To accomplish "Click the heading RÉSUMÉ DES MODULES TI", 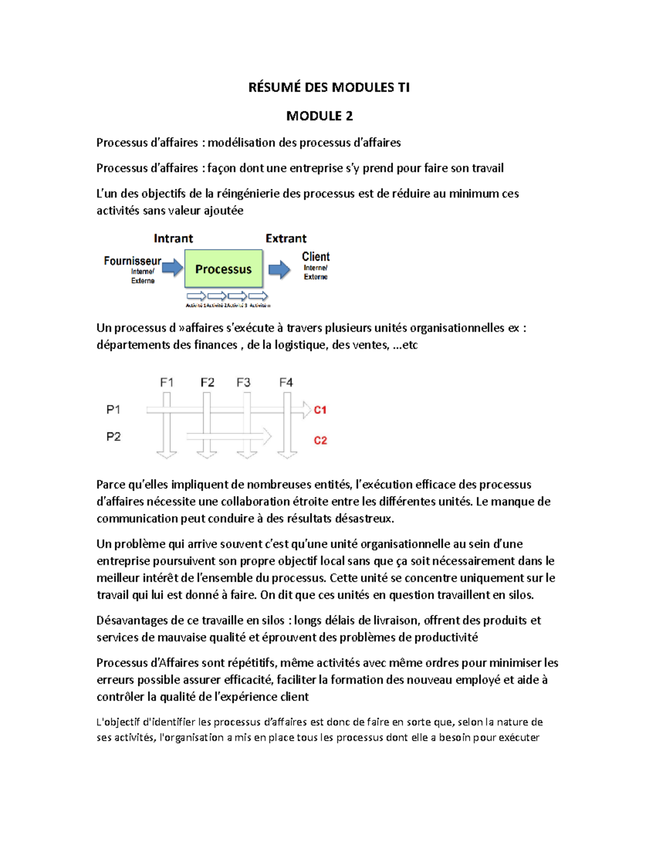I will point(329,87).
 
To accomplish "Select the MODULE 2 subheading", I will point(319,116).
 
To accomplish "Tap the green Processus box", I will point(224,269).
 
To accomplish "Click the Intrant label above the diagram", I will point(173,238).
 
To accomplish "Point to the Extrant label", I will point(286,238).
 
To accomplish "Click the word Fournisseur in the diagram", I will point(132,261).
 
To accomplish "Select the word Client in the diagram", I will point(315,256).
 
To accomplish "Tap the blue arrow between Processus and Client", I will point(279,269).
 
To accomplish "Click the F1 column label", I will point(167,383).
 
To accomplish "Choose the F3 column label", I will point(243,383).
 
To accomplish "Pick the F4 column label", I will point(286,383).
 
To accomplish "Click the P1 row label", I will point(113,409).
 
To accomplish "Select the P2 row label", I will point(113,437).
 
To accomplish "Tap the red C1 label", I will point(320,410).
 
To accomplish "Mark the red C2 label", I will point(320,441).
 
